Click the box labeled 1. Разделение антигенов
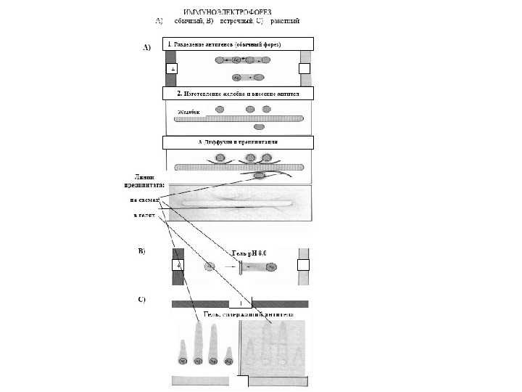[239, 44]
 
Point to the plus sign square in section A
[171, 68]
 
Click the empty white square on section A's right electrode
[304, 68]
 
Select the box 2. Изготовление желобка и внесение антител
[239, 94]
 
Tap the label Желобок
[188, 113]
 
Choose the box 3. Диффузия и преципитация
[239, 142]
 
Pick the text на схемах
[144, 200]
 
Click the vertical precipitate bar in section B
[241, 267]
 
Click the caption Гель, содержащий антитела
[242, 314]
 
